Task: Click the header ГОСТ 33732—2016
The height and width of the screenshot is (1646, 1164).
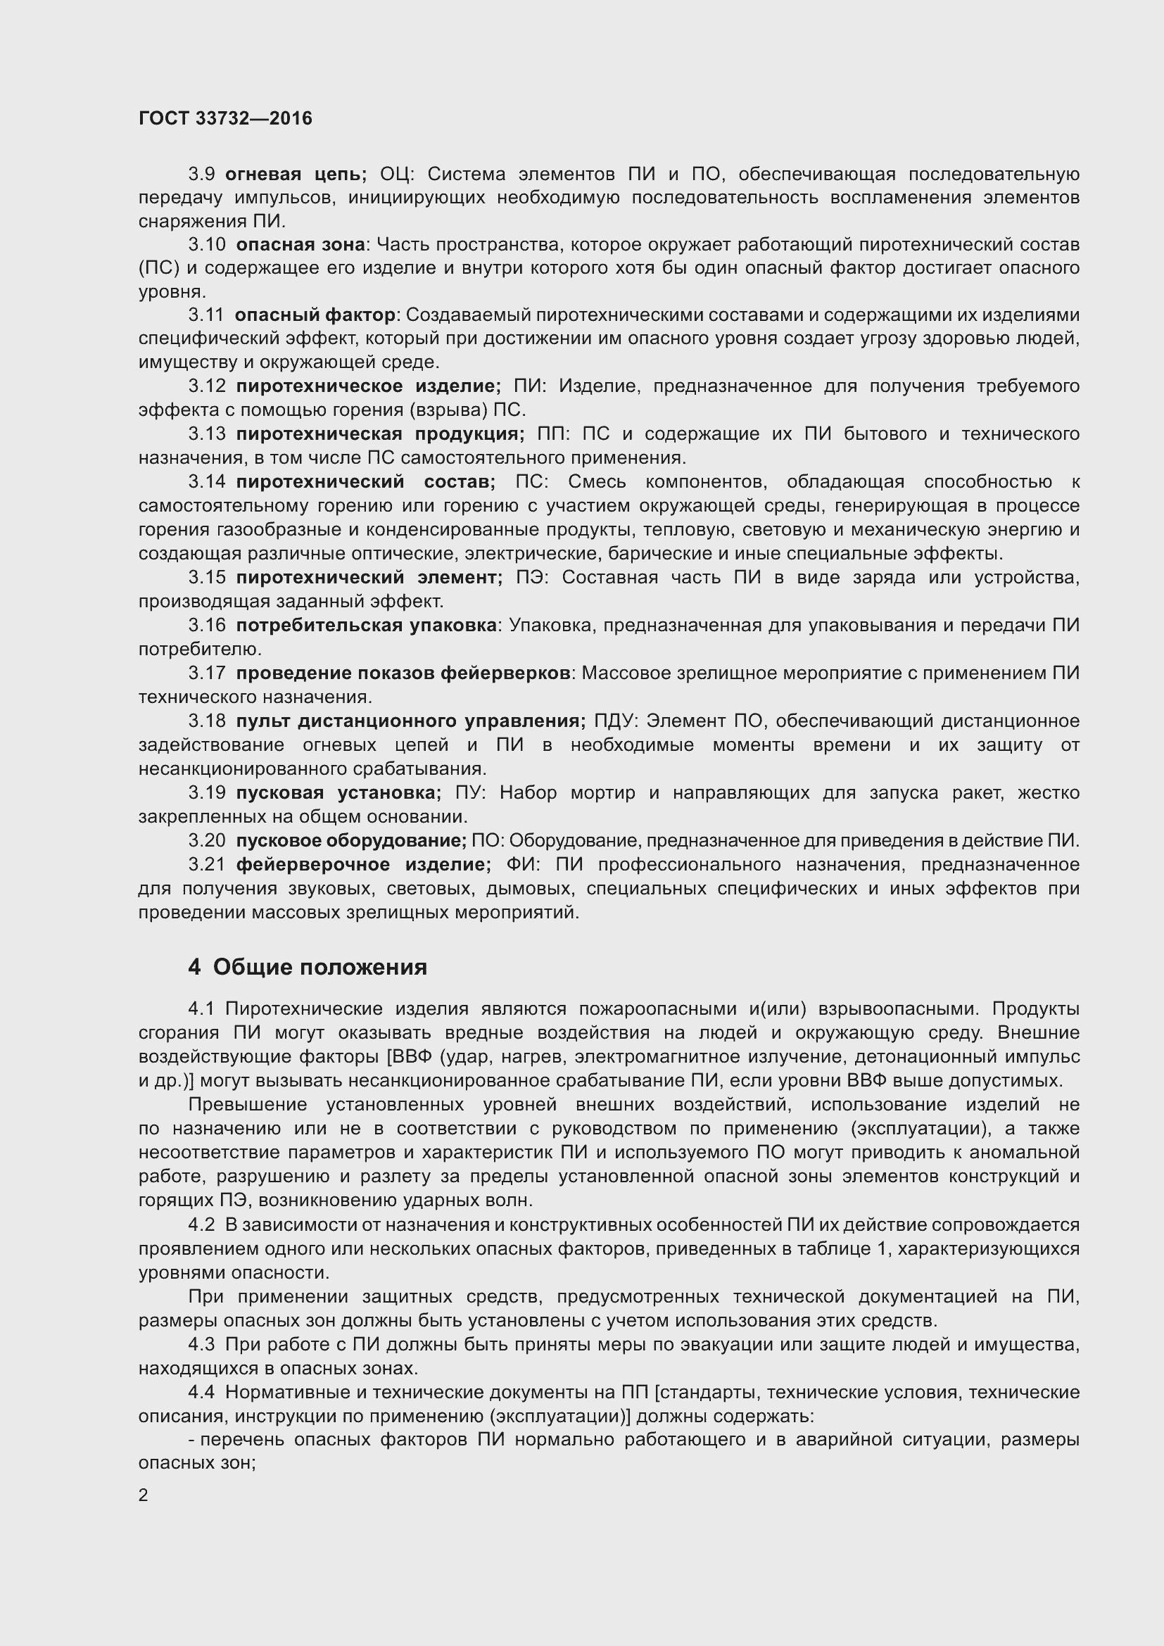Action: [x=225, y=118]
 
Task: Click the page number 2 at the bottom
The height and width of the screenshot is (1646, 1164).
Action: [x=144, y=1495]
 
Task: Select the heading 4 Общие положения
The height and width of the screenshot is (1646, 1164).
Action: [x=308, y=967]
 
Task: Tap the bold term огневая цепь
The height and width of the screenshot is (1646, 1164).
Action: [x=296, y=175]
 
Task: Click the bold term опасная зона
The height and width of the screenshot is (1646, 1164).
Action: [x=301, y=244]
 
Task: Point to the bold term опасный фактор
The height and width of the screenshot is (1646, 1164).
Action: [x=315, y=315]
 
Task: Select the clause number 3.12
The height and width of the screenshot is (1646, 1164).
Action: [x=206, y=386]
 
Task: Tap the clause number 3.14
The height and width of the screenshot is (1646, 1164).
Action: [x=206, y=482]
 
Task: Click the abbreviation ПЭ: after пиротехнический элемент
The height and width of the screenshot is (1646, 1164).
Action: [x=532, y=577]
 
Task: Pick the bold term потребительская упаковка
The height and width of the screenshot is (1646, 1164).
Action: [x=366, y=625]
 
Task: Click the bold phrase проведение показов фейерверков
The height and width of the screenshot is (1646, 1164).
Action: [x=403, y=673]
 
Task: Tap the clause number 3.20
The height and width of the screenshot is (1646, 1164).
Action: [x=206, y=840]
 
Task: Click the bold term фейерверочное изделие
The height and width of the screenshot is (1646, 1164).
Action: [x=363, y=865]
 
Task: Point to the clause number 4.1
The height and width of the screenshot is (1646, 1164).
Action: [x=201, y=1008]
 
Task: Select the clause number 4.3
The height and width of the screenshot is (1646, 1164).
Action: [x=201, y=1343]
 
